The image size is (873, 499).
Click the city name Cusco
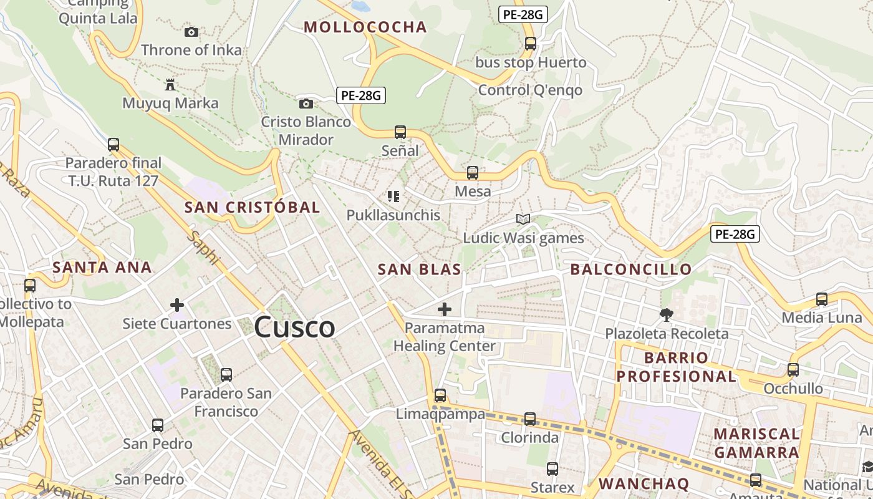[294, 327]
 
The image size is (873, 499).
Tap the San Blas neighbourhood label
[420, 269]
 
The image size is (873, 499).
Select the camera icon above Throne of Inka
[191, 32]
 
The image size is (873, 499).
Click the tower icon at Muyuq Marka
[170, 84]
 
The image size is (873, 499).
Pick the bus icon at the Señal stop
[400, 132]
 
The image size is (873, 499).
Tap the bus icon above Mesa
[473, 173]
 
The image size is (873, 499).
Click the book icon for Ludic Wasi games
[523, 219]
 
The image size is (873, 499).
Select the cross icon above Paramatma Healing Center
[445, 309]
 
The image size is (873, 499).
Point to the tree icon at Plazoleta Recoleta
[667, 314]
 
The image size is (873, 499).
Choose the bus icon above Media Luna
[822, 299]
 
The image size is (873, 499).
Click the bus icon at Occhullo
[793, 370]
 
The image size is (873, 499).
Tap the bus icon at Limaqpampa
[440, 395]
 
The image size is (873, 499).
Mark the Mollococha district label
[365, 27]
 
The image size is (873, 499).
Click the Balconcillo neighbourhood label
[631, 269]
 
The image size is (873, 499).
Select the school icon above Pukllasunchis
[393, 196]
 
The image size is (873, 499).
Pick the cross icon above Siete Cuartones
[177, 305]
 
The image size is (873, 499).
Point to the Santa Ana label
[102, 268]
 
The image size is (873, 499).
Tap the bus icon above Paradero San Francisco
[226, 375]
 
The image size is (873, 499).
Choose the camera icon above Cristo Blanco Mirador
[306, 104]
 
